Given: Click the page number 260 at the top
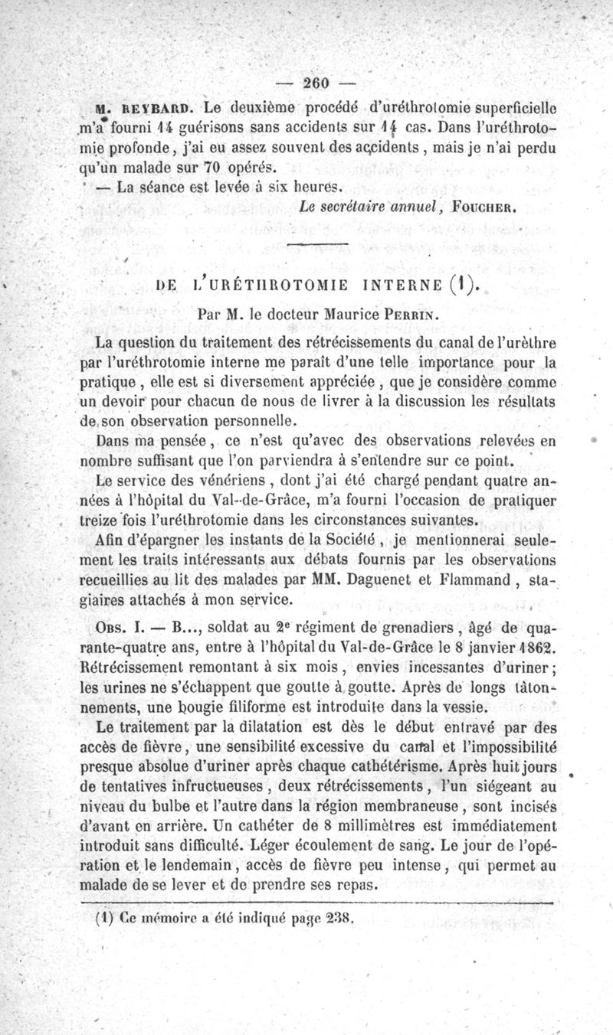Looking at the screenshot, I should click(316, 83).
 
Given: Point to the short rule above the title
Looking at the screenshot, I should click(317, 243).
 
